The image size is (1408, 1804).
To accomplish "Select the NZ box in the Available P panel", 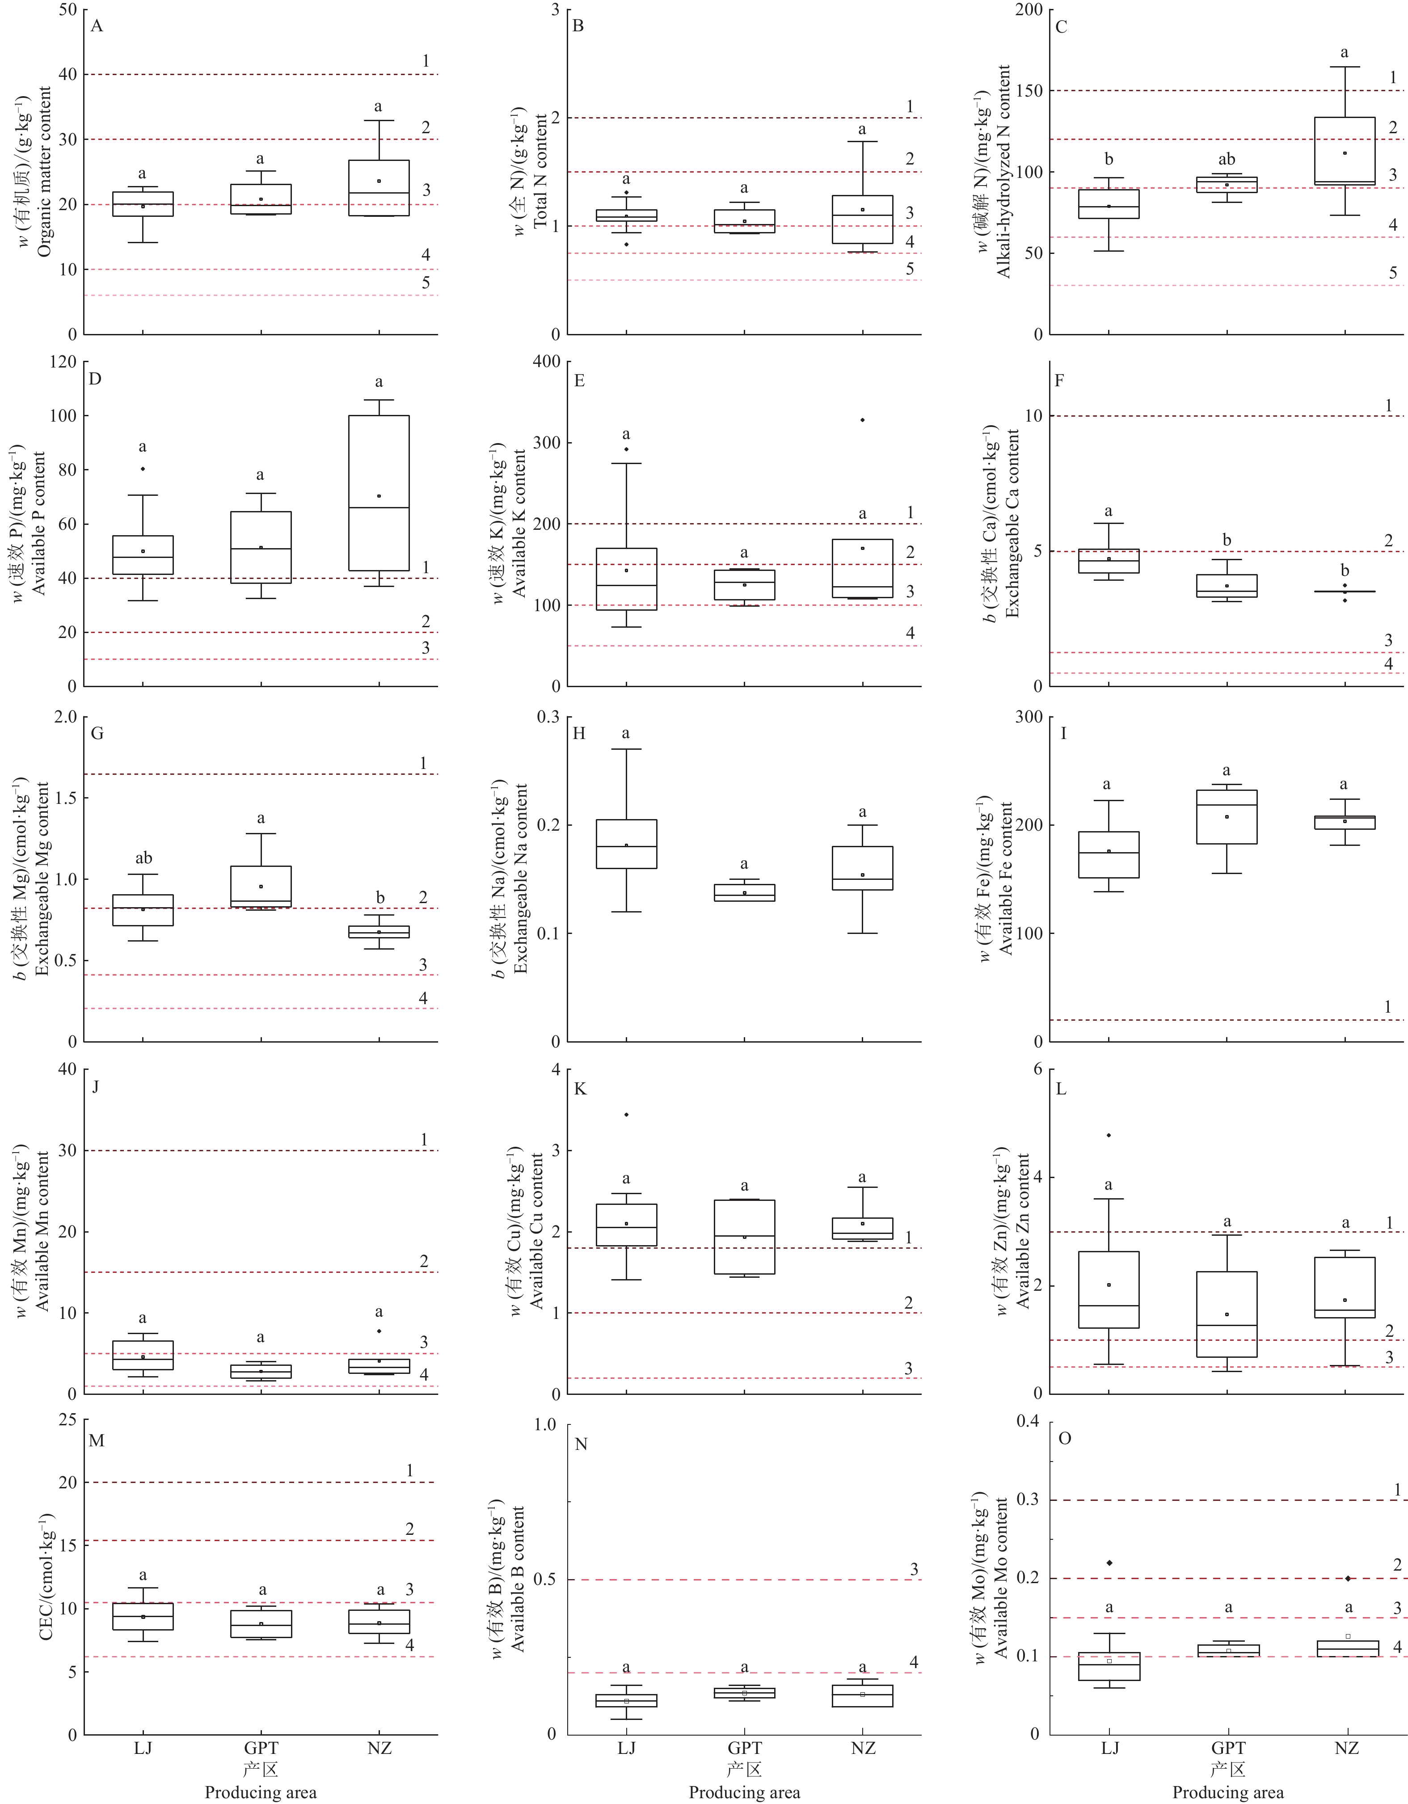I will pos(379,492).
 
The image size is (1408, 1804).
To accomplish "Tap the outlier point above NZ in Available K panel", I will pos(862,420).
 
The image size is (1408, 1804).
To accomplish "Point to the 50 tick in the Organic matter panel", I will pos(67,10).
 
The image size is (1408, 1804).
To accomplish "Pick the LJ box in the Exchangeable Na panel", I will pos(626,843).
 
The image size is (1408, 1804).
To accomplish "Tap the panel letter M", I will pos(97,1441).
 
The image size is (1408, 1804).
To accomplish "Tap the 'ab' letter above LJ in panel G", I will pos(143,858).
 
